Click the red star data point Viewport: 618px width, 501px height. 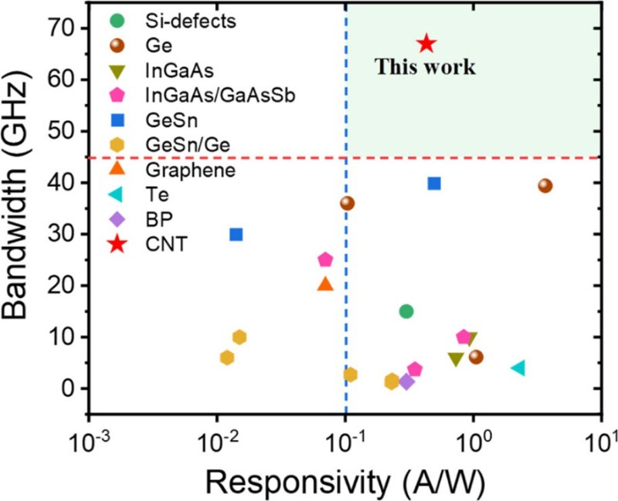coord(426,44)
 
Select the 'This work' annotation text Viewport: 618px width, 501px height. coord(425,67)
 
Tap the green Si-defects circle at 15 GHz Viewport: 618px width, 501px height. coord(406,311)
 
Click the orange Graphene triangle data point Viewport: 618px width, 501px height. coord(325,284)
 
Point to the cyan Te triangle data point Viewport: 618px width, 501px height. coord(519,367)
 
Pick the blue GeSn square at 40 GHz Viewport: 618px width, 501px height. coord(434,183)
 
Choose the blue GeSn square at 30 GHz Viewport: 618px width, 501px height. coord(236,234)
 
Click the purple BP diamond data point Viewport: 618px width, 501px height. coord(407,381)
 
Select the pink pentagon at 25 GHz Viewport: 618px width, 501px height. coord(325,259)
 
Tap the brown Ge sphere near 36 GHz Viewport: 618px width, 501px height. coord(347,203)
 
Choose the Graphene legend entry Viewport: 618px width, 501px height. coord(180,170)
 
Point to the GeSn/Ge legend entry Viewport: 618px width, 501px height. coord(179,144)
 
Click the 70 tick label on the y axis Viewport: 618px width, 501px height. coord(66,28)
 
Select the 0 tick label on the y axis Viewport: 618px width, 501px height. coord(72,388)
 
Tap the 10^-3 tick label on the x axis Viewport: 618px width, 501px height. coord(90,424)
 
